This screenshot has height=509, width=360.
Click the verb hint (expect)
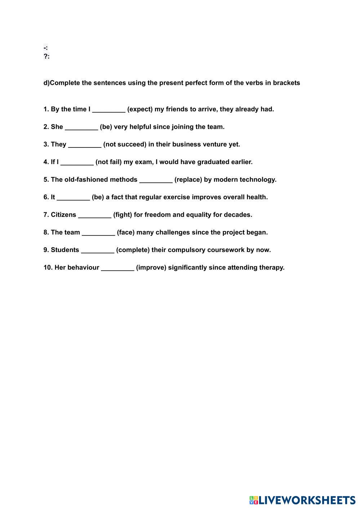click(x=140, y=109)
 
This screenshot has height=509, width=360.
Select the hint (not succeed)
click(x=125, y=145)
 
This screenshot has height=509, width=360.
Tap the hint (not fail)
click(x=108, y=162)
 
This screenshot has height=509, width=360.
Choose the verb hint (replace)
click(x=188, y=180)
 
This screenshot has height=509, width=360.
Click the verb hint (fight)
click(x=123, y=215)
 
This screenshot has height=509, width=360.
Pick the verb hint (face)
click(x=126, y=233)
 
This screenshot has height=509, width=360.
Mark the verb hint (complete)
click(x=133, y=250)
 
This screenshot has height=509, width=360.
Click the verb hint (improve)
click(x=151, y=267)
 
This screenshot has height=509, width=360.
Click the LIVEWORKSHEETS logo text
click(x=306, y=500)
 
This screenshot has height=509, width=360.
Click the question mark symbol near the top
click(x=45, y=56)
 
